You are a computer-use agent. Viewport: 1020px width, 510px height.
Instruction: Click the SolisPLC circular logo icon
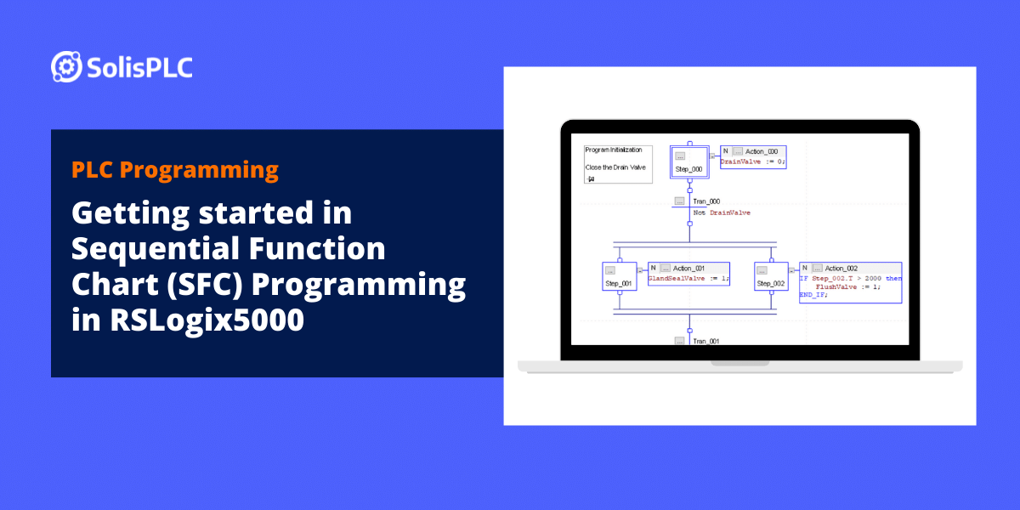click(65, 66)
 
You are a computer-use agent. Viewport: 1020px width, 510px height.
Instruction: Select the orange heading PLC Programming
click(175, 170)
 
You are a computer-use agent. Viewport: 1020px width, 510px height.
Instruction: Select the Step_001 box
click(619, 276)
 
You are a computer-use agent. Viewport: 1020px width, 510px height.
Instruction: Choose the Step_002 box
click(771, 276)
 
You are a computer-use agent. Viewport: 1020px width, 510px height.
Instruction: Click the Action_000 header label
click(761, 151)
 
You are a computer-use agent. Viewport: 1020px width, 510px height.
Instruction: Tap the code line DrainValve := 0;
click(753, 161)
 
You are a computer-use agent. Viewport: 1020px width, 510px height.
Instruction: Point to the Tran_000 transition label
click(706, 201)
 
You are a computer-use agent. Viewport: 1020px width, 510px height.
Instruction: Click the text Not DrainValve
click(722, 212)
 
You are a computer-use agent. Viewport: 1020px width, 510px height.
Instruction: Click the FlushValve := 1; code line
click(847, 286)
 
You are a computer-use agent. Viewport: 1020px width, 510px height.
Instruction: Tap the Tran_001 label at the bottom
click(706, 340)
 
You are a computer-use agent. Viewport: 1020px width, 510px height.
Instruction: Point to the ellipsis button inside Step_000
click(681, 156)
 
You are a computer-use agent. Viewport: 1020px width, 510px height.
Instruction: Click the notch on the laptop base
click(739, 363)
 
